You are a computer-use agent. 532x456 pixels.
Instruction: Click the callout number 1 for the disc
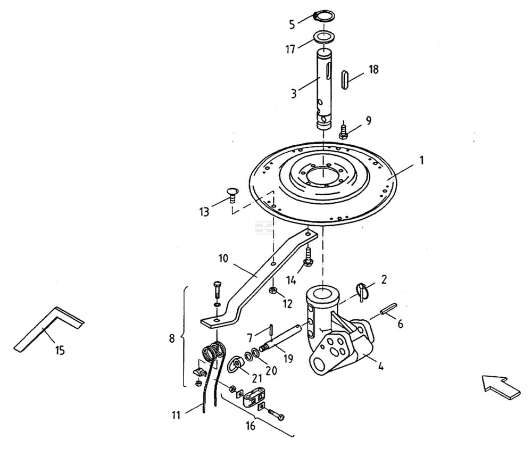[x=421, y=160]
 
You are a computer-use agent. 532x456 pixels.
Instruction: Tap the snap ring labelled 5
[x=321, y=16]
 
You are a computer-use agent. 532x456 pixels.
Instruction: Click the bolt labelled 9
[x=343, y=130]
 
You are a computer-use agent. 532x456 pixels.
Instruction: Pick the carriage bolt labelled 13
[x=232, y=195]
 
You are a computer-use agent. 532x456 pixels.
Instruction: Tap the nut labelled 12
[x=272, y=291]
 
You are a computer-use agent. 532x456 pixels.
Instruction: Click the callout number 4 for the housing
[x=382, y=366]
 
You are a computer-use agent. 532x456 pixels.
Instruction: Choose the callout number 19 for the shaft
[x=288, y=359]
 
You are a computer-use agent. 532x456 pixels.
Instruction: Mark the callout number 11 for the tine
[x=177, y=414]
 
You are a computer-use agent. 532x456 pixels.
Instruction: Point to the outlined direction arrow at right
[x=501, y=387]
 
